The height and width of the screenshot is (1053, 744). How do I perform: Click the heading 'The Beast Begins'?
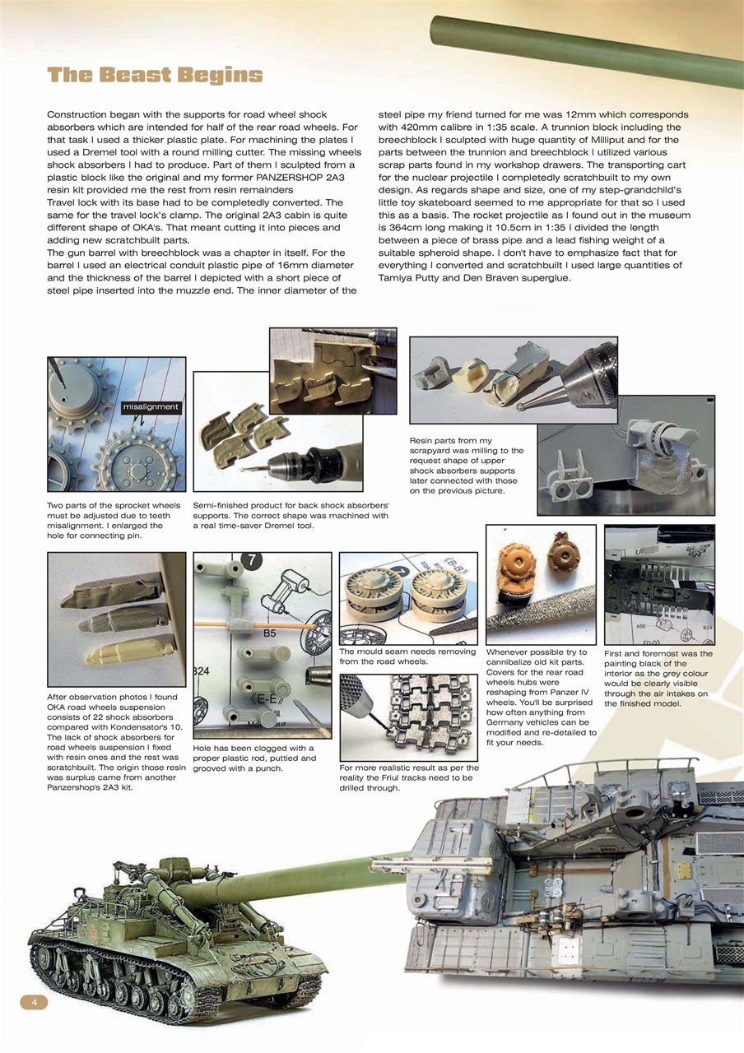click(155, 76)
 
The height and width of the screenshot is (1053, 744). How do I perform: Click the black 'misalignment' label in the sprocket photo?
click(151, 406)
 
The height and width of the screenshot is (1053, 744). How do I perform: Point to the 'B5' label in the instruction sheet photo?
click(269, 634)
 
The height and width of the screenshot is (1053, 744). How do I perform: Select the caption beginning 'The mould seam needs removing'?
click(407, 656)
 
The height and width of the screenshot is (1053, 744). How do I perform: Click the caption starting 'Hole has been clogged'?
click(253, 758)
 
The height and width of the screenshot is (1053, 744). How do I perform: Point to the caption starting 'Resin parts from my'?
click(466, 466)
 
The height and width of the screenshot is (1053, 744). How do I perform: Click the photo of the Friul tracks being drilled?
click(408, 718)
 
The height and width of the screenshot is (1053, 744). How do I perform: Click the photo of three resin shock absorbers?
click(116, 619)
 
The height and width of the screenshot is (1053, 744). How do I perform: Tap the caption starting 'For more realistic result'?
click(407, 777)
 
